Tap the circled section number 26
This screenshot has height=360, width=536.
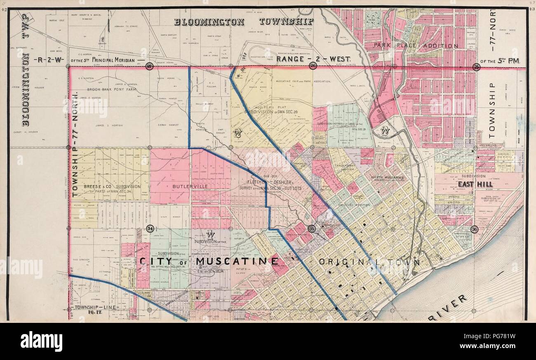coord(313,66)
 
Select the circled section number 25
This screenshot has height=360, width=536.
coord(476,67)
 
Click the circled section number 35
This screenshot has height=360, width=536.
coord(312,228)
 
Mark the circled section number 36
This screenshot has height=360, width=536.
coord(475,229)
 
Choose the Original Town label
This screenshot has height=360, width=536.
coord(369,262)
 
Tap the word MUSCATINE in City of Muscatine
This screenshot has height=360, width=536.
coord(237,261)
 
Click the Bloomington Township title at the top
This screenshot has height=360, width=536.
coord(244,21)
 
